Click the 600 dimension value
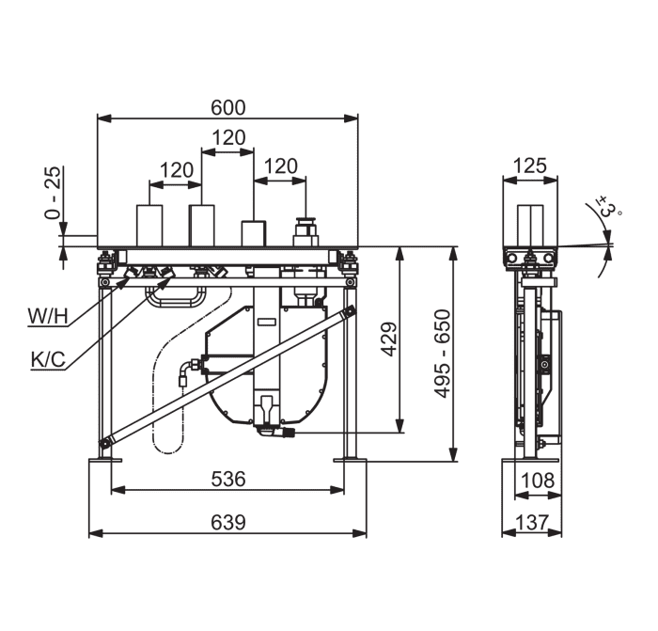227,107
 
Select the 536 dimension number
227,479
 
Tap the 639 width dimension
227,523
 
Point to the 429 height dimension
390,339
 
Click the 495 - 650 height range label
443,354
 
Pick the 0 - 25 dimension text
54,193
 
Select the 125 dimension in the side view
529,166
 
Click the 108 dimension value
538,480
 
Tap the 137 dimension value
532,523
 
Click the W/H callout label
47,316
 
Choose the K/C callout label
48,360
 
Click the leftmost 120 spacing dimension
177,170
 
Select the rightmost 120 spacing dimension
281,166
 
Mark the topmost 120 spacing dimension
228,137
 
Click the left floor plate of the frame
105,460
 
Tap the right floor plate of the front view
350,460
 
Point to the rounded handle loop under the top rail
175,298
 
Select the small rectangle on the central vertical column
267,322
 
